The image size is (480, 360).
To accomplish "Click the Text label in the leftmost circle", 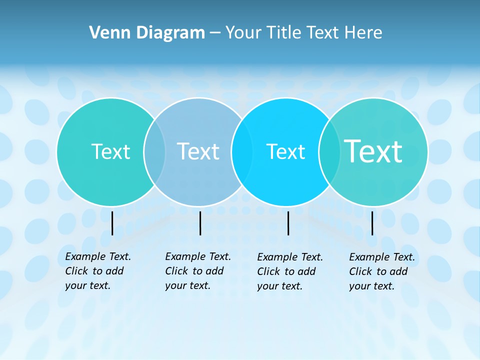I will pyautogui.click(x=110, y=151).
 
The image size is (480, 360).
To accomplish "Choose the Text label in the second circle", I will pyautogui.click(x=198, y=151).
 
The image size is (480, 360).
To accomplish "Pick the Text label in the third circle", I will pyautogui.click(x=285, y=151).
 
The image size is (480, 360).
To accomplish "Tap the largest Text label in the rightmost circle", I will pyautogui.click(x=373, y=151).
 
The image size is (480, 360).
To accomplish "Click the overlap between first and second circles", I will pyautogui.click(x=154, y=151).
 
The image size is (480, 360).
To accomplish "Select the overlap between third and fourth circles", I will pyautogui.click(x=329, y=151).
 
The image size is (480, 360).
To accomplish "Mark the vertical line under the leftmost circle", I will pyautogui.click(x=112, y=223).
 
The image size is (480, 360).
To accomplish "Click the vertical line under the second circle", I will pyautogui.click(x=200, y=223).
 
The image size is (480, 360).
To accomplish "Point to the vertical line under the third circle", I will pyautogui.click(x=288, y=223).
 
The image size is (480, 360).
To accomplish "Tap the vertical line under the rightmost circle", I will pyautogui.click(x=372, y=223).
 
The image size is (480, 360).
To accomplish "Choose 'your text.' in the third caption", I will pyautogui.click(x=280, y=286).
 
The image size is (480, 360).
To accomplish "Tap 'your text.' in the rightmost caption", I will pyautogui.click(x=372, y=286).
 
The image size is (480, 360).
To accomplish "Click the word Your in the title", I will pyautogui.click(x=243, y=32).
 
